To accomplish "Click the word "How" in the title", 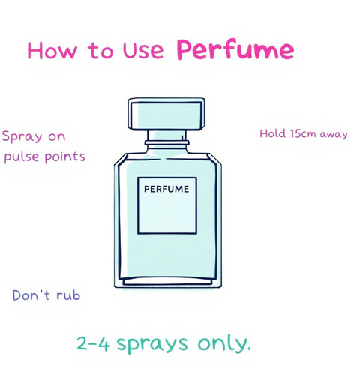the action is pyautogui.click(x=52, y=50).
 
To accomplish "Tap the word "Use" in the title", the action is pyautogui.click(x=143, y=50).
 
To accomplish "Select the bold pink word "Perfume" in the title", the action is pyautogui.click(x=235, y=49).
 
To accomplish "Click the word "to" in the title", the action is pyautogui.click(x=100, y=51).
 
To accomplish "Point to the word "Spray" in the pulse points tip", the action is pyautogui.click(x=22, y=137).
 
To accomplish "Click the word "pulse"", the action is pyautogui.click(x=22, y=157).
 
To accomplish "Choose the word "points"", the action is pyautogui.click(x=65, y=157).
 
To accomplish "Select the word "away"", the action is pyautogui.click(x=334, y=135).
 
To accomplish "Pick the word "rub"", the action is pyautogui.click(x=68, y=295).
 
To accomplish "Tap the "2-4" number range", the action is pyautogui.click(x=93, y=343).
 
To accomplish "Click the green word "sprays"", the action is pyautogui.click(x=152, y=345).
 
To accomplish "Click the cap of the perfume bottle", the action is pyautogui.click(x=166, y=114).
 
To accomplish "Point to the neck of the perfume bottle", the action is pyautogui.click(x=166, y=136).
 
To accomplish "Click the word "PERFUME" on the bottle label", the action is pyautogui.click(x=166, y=189).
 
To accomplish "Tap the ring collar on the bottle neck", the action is pyautogui.click(x=166, y=143).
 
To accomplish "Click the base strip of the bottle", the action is pyautogui.click(x=168, y=282).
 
